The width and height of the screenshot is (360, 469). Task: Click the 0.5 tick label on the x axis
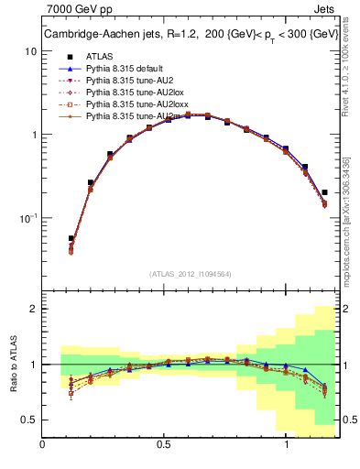[x=164, y=444]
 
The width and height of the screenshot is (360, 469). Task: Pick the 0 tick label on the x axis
[x=42, y=444]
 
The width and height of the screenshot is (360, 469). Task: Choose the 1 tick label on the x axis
[x=288, y=444]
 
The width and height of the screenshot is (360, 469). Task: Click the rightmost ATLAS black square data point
[x=325, y=192]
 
